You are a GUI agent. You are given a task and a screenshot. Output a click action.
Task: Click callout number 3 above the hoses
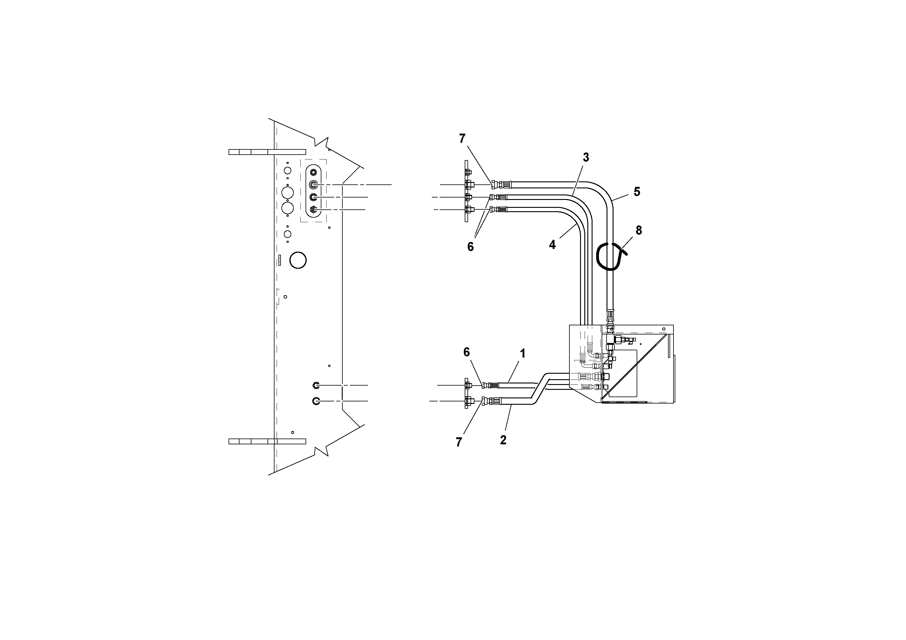pos(586,157)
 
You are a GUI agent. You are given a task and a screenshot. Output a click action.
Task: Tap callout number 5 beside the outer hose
pos(636,192)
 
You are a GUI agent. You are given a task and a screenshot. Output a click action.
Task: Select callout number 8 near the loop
pos(638,230)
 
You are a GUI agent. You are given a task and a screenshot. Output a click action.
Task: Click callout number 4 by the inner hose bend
pos(552,245)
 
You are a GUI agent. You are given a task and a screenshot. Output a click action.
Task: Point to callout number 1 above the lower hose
pos(523,353)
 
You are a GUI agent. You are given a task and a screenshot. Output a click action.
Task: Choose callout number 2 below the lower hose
pos(503,440)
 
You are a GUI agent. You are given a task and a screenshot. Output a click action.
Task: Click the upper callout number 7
pos(462,138)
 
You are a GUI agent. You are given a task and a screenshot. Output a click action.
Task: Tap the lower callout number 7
pos(459,442)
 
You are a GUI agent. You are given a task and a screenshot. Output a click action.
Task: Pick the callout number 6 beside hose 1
pos(467,352)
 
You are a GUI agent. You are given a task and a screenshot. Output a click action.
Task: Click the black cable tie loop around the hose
pos(610,257)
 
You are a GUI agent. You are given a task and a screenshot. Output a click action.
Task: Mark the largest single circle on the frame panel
pos(298,261)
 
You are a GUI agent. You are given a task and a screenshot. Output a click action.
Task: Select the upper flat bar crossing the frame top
pos(267,152)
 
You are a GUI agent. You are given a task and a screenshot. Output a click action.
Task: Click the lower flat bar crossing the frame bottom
pos(267,441)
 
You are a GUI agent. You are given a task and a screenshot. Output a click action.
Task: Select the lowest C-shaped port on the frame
pos(316,401)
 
